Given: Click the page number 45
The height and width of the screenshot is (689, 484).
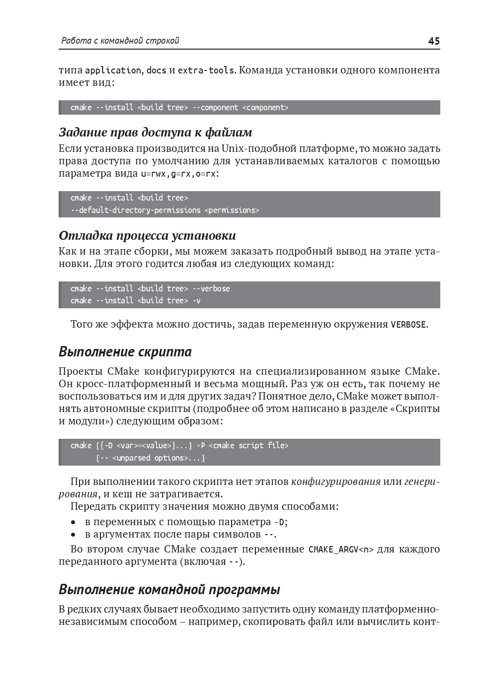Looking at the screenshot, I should coord(433,41).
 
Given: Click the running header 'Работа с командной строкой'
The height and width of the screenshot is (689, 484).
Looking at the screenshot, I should coord(119,41).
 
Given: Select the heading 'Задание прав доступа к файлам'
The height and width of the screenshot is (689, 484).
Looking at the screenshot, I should coord(155,133).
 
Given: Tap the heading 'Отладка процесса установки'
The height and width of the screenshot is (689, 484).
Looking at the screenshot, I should coord(147,235).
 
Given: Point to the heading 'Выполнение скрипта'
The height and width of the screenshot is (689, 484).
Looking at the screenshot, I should coord(125,352).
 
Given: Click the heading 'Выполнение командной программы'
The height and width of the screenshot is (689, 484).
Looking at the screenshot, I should coord(169,590).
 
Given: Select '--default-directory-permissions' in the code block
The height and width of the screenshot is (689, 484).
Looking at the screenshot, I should coord(135,210).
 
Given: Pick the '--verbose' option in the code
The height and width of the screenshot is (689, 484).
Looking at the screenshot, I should coord(211,289).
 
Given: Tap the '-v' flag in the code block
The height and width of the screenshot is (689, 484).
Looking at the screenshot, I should coord(196,301).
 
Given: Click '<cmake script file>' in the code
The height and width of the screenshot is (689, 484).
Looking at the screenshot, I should coord(248,446).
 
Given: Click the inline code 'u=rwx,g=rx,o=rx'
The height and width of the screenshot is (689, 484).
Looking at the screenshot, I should coord(179,174).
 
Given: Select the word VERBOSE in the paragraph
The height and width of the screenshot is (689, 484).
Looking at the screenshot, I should coord(408,325).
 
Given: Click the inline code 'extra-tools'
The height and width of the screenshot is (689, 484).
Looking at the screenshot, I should coord(206,70).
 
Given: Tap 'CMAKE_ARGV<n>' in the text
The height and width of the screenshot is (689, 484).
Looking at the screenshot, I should coord(341,550).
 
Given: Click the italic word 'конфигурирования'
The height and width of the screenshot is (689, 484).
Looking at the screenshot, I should coord(336,482).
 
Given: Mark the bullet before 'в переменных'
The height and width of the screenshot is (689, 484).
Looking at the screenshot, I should coord(74,522).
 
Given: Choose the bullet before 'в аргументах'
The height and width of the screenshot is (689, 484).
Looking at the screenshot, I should coord(74,535).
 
